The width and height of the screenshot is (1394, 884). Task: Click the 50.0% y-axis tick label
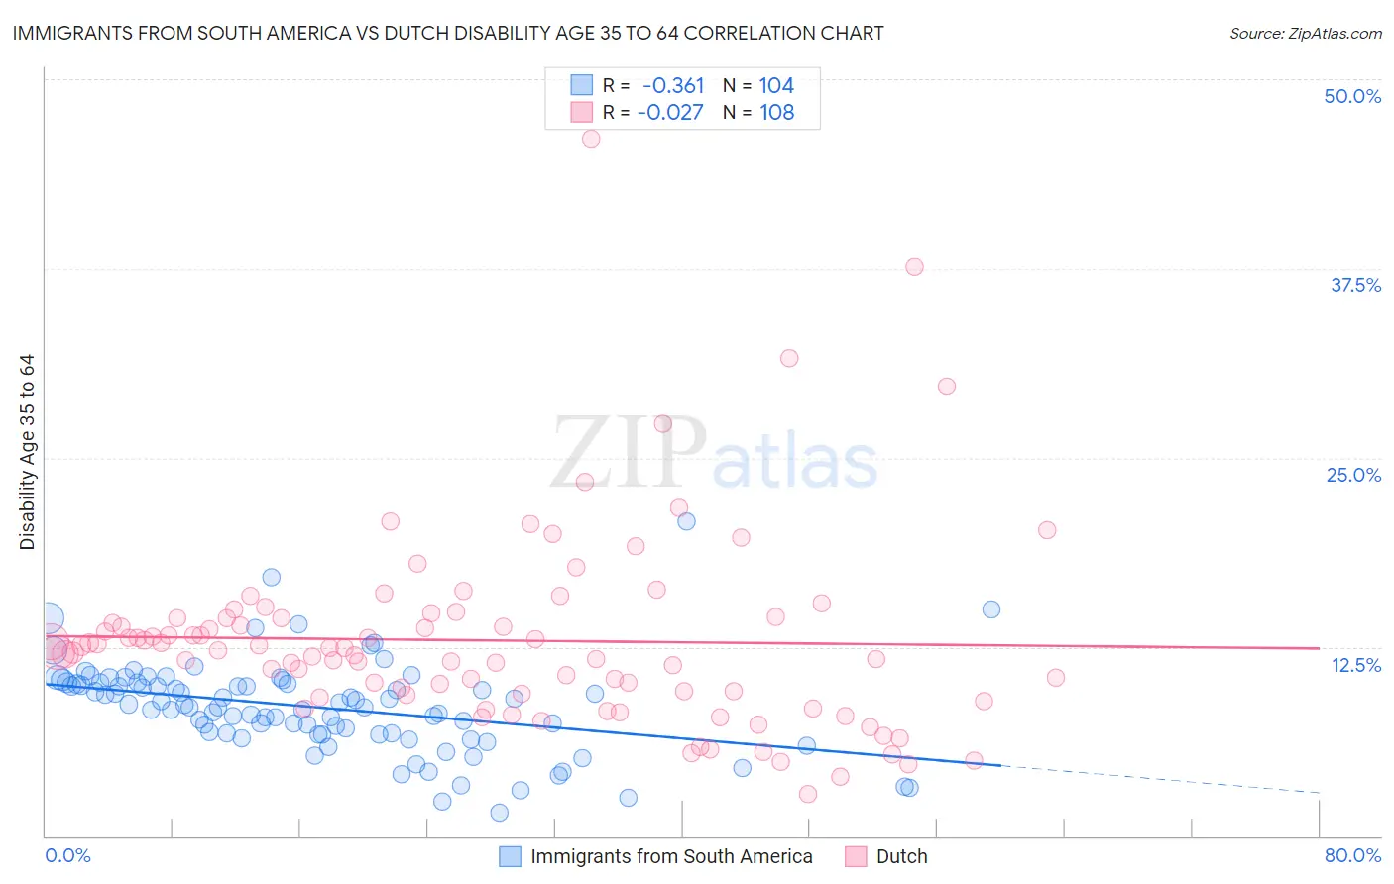coord(1351,96)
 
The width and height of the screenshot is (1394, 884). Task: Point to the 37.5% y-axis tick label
coord(1354,285)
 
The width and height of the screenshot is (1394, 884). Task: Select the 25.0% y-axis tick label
coord(1352,475)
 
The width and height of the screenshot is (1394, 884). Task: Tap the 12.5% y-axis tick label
coord(1355,665)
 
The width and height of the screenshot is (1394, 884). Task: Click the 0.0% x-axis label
coord(67,855)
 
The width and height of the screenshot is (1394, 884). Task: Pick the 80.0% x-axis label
coord(1352,855)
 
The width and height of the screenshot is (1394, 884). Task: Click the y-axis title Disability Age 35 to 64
coord(27,452)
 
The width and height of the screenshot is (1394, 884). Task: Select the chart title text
coord(448,33)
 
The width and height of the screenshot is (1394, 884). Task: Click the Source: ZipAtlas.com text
coord(1305,33)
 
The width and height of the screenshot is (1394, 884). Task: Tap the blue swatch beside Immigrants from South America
coord(510,856)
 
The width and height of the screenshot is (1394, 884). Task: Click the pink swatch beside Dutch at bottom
coord(856,856)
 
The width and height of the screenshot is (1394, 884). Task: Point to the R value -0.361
coord(673,86)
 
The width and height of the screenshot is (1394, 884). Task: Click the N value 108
coord(776,113)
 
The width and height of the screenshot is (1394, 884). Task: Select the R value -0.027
coord(670,113)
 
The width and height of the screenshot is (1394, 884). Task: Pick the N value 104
coord(776,86)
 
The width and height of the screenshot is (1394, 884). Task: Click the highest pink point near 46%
coord(591,139)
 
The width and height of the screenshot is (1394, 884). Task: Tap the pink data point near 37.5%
coord(914,267)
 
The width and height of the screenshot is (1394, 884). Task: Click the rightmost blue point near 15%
coord(990,609)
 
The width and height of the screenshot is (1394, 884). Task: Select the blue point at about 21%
coord(686,521)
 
